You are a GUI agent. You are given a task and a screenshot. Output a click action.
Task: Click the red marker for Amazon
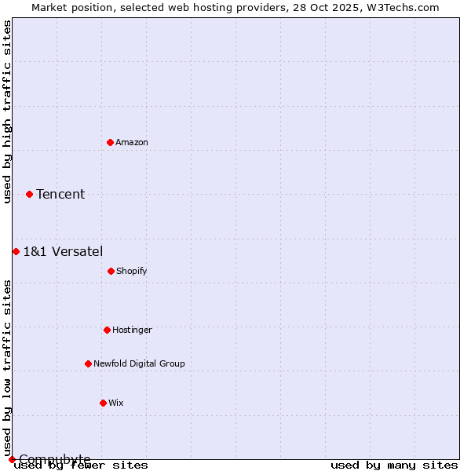[110, 142]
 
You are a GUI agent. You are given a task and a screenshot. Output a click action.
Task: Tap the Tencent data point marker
[29, 194]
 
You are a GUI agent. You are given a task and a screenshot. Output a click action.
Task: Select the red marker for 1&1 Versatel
[16, 251]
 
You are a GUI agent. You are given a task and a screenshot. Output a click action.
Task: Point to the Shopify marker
[111, 271]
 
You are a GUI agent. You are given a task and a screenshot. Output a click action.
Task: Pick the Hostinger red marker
[107, 330]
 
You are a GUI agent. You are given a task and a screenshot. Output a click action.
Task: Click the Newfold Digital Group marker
[88, 363]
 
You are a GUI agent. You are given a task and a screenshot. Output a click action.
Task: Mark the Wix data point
[103, 403]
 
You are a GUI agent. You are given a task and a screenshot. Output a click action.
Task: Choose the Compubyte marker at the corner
[12, 459]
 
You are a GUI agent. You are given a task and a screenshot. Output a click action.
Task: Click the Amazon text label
[132, 142]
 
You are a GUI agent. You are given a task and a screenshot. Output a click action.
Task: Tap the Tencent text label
[60, 195]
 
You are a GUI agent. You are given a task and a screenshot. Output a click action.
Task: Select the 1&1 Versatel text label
[63, 251]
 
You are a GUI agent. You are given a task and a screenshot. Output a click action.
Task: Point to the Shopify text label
[132, 271]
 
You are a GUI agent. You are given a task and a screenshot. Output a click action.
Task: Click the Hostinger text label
[132, 330]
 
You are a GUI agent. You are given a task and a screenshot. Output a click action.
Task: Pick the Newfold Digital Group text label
[139, 363]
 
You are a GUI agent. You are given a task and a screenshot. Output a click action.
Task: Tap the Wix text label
[116, 403]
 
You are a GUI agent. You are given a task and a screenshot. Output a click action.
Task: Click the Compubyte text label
[55, 459]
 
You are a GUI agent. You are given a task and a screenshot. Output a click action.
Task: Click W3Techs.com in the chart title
[403, 7]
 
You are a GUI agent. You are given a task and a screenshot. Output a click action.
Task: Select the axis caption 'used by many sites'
[394, 466]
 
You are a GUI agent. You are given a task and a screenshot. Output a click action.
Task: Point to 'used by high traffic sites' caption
[7, 111]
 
